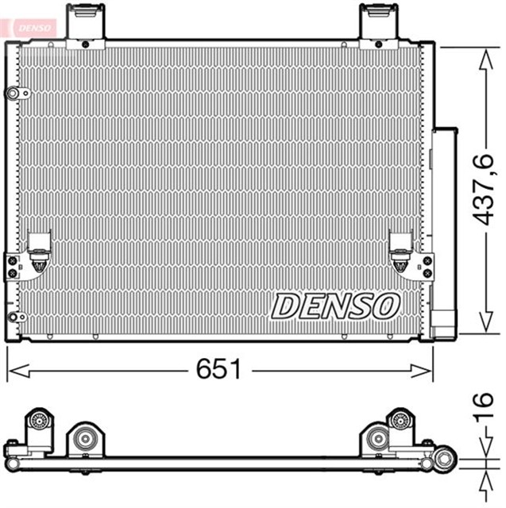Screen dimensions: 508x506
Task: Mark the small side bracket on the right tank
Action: pos(427,266)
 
